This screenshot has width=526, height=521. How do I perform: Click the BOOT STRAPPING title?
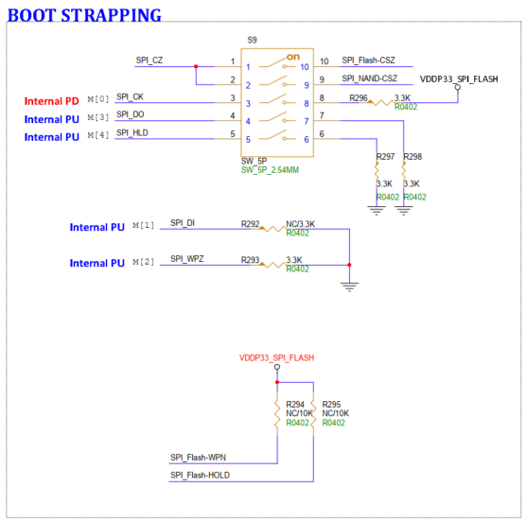(x=84, y=15)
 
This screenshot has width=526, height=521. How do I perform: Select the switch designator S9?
(x=252, y=41)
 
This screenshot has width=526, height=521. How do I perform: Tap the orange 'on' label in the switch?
(x=293, y=57)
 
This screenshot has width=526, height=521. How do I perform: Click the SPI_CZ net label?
(x=149, y=61)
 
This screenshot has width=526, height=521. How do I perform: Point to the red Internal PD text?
(x=52, y=101)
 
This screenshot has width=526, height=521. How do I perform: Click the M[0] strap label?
(x=98, y=99)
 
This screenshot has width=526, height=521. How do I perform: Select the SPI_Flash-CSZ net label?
(x=368, y=61)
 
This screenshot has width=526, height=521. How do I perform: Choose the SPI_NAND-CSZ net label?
(x=369, y=78)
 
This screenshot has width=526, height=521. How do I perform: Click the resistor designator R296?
(x=359, y=98)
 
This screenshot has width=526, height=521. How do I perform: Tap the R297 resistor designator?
(x=385, y=157)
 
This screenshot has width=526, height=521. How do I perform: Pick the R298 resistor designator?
(x=412, y=157)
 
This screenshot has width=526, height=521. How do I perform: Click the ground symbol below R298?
(x=404, y=211)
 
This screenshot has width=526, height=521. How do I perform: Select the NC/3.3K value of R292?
(x=300, y=224)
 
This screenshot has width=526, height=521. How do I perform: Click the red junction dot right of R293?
(x=349, y=265)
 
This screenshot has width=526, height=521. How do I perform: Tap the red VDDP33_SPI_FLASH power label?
(x=277, y=357)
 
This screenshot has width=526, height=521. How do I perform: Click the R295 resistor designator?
(x=331, y=405)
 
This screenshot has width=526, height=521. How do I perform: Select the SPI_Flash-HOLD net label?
(x=200, y=475)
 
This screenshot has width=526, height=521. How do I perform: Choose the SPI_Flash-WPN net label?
(x=198, y=458)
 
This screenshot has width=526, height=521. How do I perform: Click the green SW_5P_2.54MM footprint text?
(x=270, y=170)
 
